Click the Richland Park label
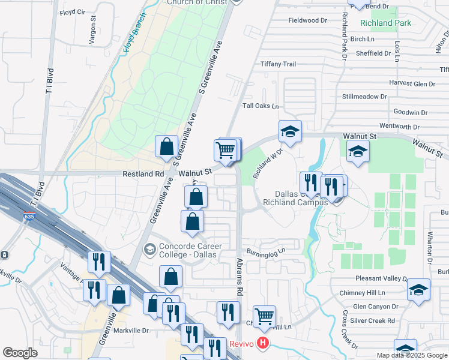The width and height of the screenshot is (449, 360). click(385, 23)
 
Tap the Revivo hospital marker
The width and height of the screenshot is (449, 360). click(262, 344)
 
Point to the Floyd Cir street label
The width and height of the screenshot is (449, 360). click(73, 11)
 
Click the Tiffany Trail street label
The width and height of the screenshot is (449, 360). click(278, 64)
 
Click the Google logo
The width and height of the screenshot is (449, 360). click(20, 353)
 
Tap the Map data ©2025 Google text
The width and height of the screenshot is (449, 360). click(412, 355)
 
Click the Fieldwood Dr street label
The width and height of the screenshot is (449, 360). click(307, 20)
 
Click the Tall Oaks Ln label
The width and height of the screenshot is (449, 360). click(261, 106)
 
